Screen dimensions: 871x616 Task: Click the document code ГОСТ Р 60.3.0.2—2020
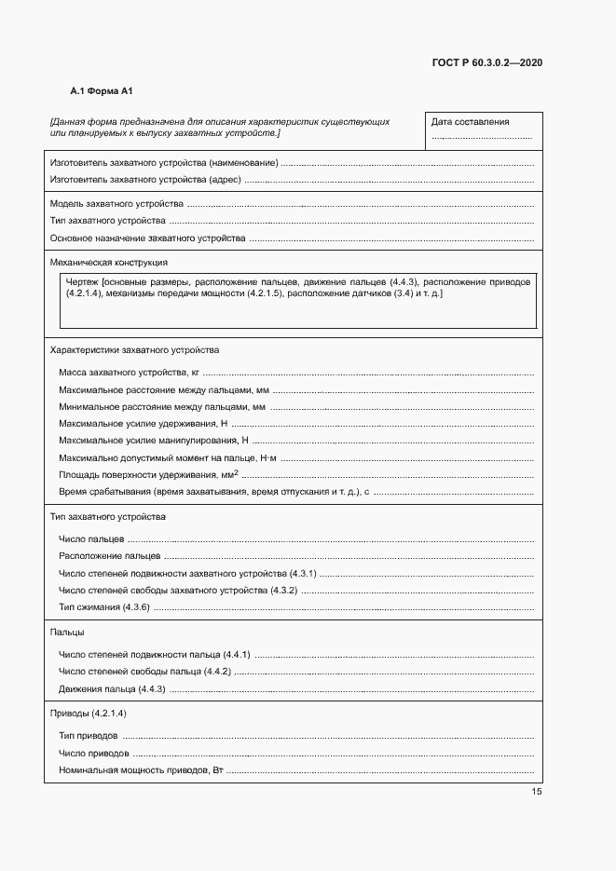pyautogui.click(x=487, y=63)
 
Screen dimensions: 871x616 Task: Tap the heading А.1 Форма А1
pyautogui.click(x=103, y=91)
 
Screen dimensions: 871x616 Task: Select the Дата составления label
pyautogui.click(x=470, y=122)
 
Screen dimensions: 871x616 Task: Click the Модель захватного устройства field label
pyautogui.click(x=116, y=203)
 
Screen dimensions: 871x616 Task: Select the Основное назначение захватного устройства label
pyautogui.click(x=147, y=238)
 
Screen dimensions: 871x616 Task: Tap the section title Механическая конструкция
pyautogui.click(x=108, y=263)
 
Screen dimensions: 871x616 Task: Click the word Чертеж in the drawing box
pyautogui.click(x=83, y=281)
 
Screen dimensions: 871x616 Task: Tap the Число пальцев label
pyautogui.click(x=89, y=539)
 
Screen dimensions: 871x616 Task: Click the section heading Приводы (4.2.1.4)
pyautogui.click(x=88, y=713)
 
